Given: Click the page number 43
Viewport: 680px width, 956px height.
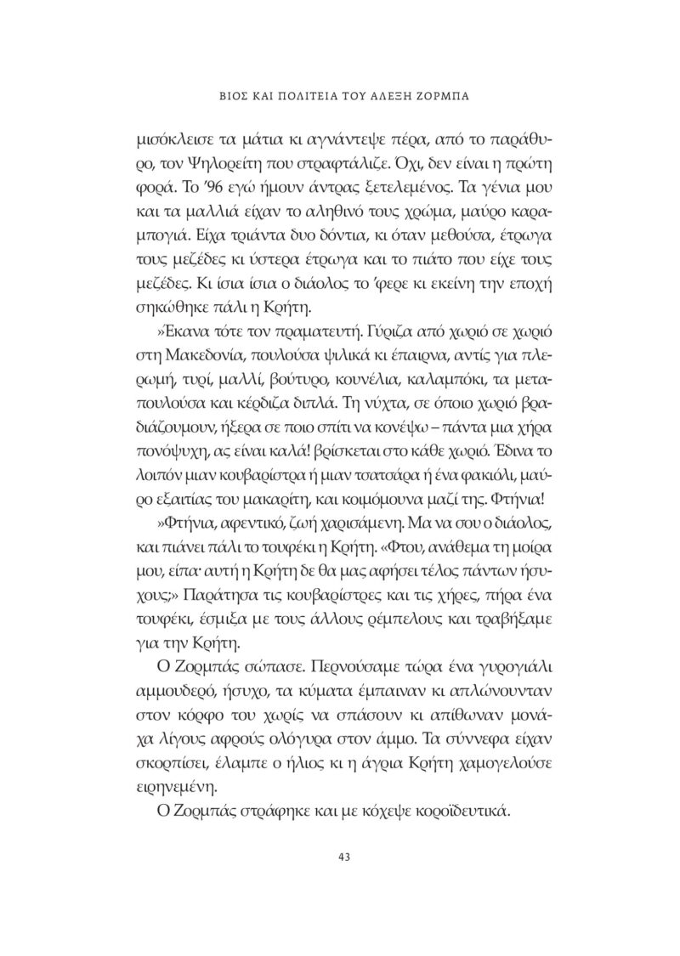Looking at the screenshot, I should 344,856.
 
